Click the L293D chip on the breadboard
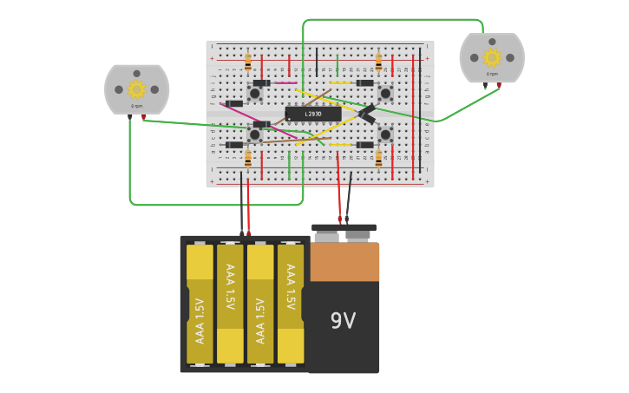point(312,114)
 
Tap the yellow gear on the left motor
point(136,89)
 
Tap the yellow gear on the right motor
point(492,58)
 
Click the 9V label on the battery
point(343,321)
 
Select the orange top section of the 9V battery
point(344,261)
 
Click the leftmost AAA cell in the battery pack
point(200,304)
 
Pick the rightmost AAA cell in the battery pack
point(291,304)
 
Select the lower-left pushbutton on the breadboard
point(255,134)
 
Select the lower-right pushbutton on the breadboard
point(385,134)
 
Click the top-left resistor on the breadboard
point(248,62)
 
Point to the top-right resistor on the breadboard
point(378,62)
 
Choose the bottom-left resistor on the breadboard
point(248,159)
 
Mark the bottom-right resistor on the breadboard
point(378,159)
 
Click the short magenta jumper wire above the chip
point(285,83)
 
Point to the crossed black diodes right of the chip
point(366,113)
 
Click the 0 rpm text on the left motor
point(136,106)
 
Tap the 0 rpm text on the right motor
point(492,75)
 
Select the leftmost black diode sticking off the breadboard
point(233,104)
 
